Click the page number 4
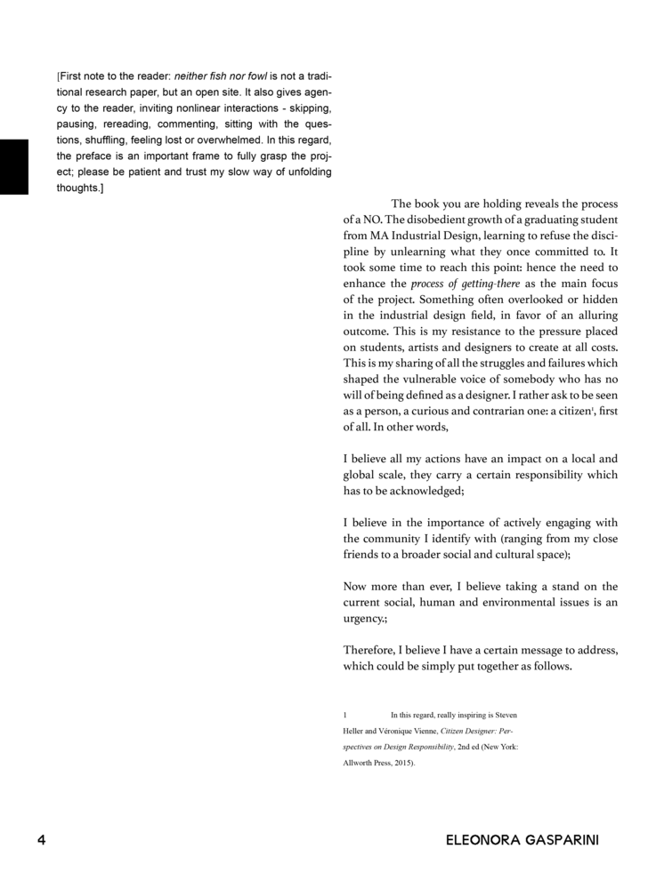pos(40,840)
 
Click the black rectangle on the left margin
pos(14,166)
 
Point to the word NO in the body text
pos(367,220)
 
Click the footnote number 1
pos(345,715)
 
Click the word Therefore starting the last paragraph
pos(369,651)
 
